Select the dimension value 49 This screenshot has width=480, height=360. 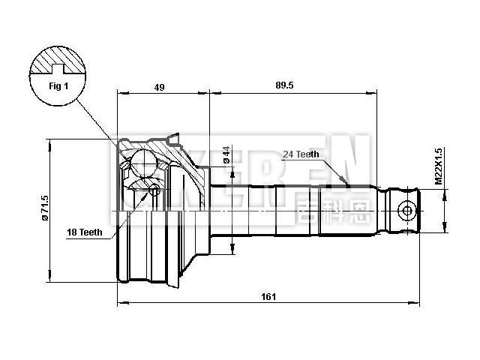click(159, 87)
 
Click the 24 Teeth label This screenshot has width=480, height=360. click(301, 154)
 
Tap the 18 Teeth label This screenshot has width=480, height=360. click(83, 232)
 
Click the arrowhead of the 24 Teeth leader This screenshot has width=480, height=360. click(346, 184)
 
